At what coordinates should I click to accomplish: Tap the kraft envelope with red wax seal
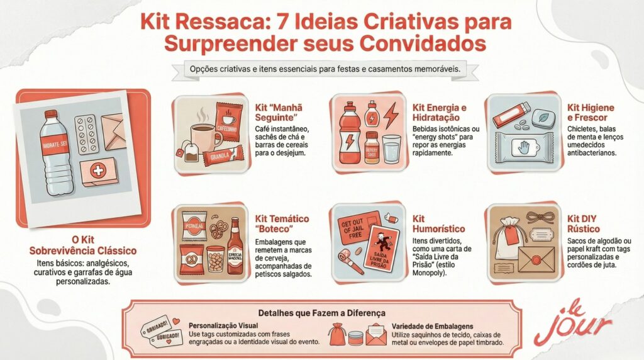tap(536, 257)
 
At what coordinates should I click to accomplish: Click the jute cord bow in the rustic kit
tap(538, 217)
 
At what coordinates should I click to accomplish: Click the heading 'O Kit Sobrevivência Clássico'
tap(82, 245)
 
